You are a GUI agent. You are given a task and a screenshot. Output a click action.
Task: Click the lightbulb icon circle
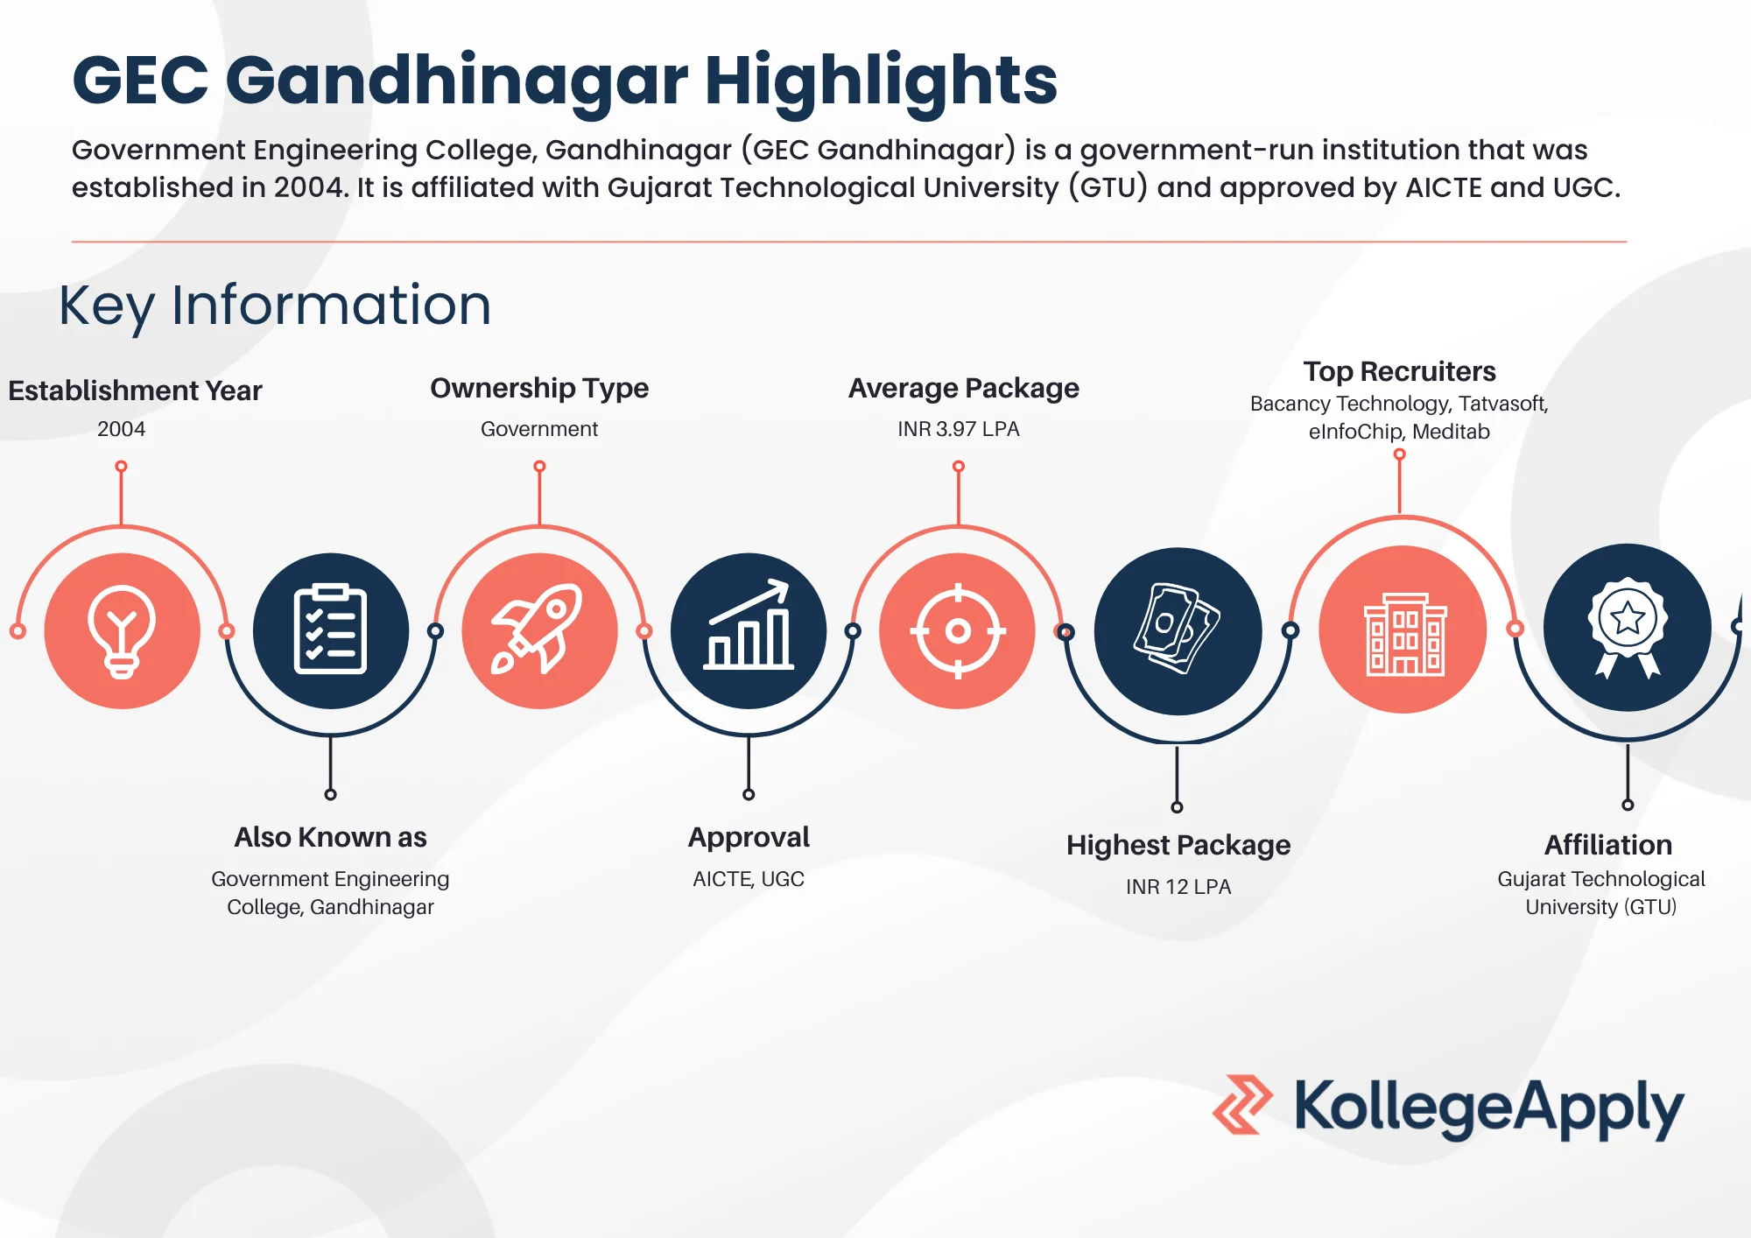pos(122,630)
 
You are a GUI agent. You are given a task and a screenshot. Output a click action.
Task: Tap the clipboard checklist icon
pos(330,630)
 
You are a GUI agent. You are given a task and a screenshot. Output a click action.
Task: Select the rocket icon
pos(539,630)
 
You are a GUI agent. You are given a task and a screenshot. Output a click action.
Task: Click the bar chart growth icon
pos(749,630)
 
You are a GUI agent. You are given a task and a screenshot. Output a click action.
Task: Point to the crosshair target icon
pos(958,630)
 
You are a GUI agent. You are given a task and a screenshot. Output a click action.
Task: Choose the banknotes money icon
pos(1178,630)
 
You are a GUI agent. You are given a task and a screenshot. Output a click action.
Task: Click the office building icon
pos(1403,630)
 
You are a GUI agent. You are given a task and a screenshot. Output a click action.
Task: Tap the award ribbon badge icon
pos(1628,627)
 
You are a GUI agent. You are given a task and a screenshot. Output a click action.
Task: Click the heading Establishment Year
pos(135,390)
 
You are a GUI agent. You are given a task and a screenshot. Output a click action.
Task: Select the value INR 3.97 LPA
pos(959,429)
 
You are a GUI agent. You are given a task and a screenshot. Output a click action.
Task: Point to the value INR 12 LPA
pos(1178,887)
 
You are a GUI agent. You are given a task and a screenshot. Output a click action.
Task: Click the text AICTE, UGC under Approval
pos(749,879)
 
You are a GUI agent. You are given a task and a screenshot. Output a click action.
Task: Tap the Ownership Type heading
pos(539,388)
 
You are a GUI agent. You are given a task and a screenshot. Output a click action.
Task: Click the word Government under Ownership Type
pos(539,429)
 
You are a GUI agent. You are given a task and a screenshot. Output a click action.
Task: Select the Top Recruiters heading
pos(1399,371)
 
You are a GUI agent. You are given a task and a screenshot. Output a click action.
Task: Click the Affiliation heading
pos(1608,845)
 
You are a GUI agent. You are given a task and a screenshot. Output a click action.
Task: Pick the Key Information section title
pos(275,305)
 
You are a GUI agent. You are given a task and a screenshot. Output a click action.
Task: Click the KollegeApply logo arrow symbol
pos(1241,1105)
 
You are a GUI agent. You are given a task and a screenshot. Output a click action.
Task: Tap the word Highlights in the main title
pos(881,81)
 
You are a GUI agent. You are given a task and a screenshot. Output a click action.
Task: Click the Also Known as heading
pos(330,837)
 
